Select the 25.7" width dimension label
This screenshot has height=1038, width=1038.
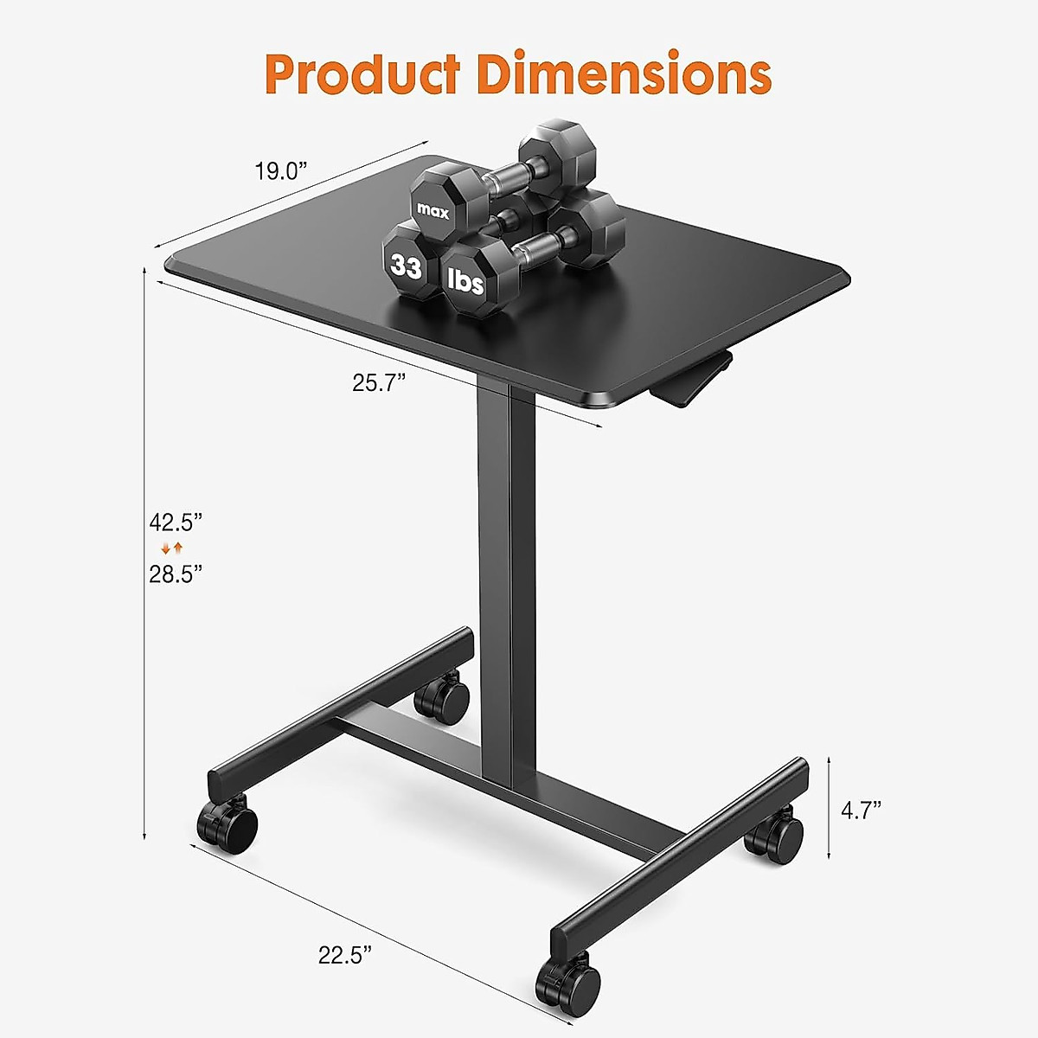[379, 382]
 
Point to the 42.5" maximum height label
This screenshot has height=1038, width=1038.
[176, 522]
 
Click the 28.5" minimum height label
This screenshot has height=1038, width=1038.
[176, 573]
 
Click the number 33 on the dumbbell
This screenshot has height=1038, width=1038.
[406, 266]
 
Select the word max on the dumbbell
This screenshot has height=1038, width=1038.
[433, 209]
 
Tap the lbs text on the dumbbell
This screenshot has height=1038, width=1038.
[465, 280]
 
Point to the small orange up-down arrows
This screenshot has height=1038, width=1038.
[172, 548]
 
